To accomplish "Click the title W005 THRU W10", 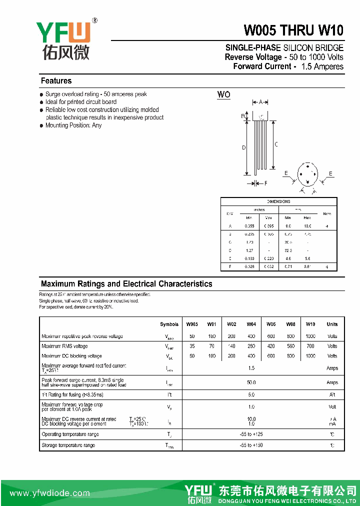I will coord(293,30).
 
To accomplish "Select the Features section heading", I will coord(56,81).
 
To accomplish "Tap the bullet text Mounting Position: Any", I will coord(73,125).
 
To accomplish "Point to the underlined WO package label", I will coord(223,94).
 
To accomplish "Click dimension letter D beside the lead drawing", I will coord(244,147).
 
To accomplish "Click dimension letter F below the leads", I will coord(265,183).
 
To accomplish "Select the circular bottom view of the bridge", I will coord(307,175).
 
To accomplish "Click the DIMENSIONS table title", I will coord(278,201).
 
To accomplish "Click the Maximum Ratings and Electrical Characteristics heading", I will coord(126,284).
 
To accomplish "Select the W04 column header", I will coord(251,324).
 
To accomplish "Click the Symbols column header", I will coord(169,324).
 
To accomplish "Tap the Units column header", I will coord(332,324).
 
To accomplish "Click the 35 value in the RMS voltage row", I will coord(192,346).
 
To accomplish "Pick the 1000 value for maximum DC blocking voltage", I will coord(310,356).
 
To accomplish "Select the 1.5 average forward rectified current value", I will coord(251,368).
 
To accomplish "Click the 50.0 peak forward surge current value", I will coord(251,382).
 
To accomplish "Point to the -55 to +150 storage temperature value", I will coord(251,445).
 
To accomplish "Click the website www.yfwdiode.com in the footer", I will coord(50,493).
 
